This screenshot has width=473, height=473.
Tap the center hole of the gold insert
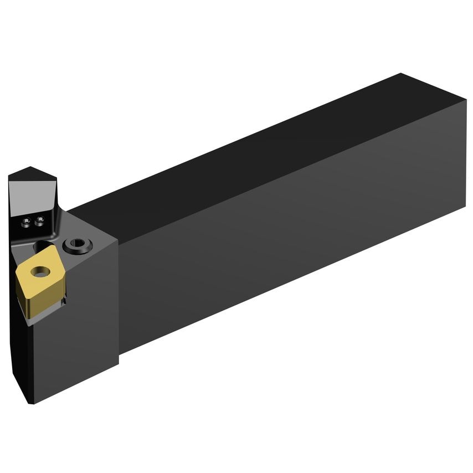[39, 271]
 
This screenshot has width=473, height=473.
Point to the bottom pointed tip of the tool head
[32, 403]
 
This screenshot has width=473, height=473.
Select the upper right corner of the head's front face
[117, 239]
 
